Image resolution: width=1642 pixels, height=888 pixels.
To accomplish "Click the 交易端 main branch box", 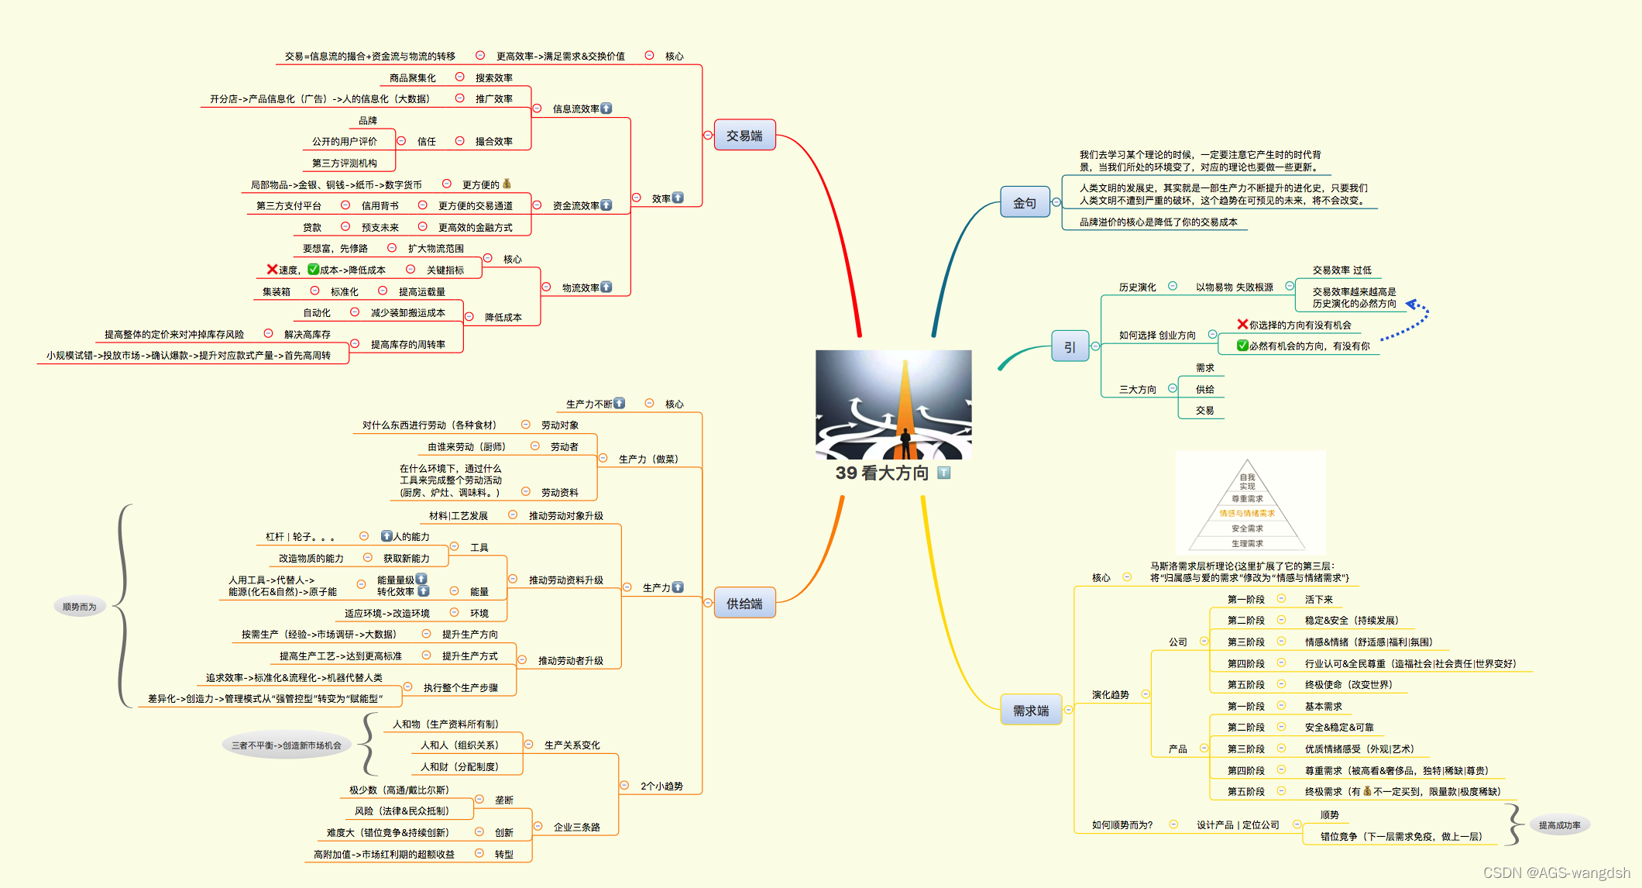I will pyautogui.click(x=744, y=136).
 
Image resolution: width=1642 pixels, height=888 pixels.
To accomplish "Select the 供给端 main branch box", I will pyautogui.click(x=744, y=604).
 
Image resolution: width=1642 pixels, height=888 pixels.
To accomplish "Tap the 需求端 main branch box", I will pyautogui.click(x=1031, y=711).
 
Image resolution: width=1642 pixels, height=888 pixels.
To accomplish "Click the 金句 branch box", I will pyautogui.click(x=1024, y=203).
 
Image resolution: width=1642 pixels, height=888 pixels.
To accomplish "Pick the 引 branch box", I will pyautogui.click(x=1070, y=347).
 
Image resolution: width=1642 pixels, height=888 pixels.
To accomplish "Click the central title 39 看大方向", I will pyautogui.click(x=881, y=473).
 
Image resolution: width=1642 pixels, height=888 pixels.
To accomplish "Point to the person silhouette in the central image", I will pyautogui.click(x=905, y=443).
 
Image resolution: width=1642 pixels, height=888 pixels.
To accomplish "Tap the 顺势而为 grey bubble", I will pyautogui.click(x=79, y=607).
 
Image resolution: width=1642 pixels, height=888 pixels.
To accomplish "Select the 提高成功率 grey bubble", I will pyautogui.click(x=1559, y=825).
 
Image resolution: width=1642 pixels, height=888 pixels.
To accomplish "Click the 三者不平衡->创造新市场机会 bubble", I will pyautogui.click(x=286, y=745).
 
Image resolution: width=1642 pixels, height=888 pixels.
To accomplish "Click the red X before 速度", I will pyautogui.click(x=272, y=270).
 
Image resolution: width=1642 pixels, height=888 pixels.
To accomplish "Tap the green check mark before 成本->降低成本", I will pyautogui.click(x=313, y=270).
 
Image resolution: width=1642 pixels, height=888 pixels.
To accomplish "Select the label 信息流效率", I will pyautogui.click(x=575, y=109).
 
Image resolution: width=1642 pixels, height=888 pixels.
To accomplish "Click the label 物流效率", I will pyautogui.click(x=580, y=288).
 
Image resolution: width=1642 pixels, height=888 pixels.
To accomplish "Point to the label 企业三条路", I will pyautogui.click(x=576, y=828).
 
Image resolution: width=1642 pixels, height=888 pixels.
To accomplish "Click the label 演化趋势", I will pyautogui.click(x=1110, y=695).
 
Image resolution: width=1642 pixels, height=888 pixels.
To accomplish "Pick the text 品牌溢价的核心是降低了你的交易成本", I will pyautogui.click(x=1158, y=222).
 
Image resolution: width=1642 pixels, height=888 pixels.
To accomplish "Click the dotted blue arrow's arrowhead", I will pyautogui.click(x=1411, y=305).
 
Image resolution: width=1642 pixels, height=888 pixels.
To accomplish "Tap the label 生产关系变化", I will pyautogui.click(x=572, y=745).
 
